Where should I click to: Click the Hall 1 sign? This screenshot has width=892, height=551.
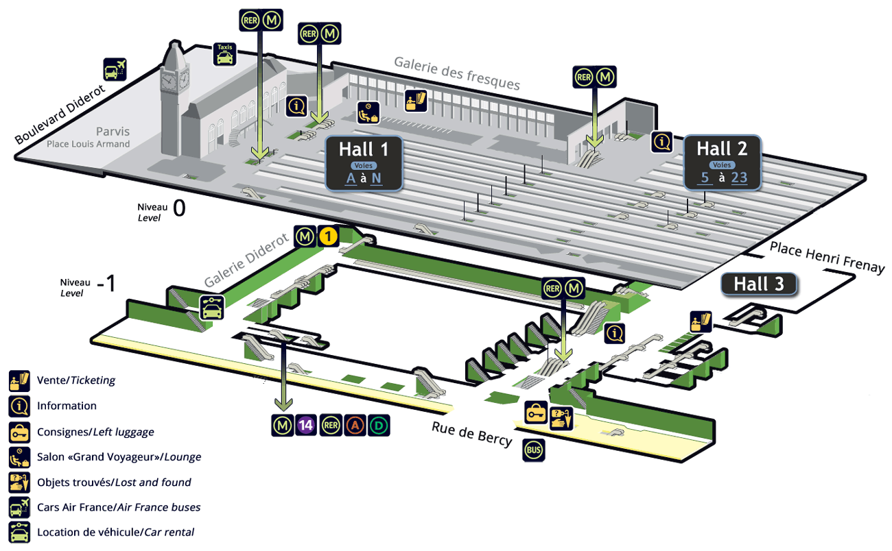coord(363,162)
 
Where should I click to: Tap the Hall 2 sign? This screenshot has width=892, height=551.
coord(721,162)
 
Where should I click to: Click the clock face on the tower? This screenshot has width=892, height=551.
coord(169,80)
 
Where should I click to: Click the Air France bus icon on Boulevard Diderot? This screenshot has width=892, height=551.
coord(115,69)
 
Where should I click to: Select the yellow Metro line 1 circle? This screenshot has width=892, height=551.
coord(328,237)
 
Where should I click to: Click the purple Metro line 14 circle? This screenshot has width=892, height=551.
coord(306,426)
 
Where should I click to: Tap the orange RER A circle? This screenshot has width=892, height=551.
coord(355,426)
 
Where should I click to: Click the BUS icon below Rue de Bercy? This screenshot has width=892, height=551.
coord(534,450)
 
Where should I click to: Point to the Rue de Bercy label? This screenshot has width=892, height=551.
coord(471,433)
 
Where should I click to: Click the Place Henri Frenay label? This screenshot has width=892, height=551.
coord(827,257)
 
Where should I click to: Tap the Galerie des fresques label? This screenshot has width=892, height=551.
coord(456,73)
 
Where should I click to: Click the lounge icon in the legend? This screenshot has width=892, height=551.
coord(19,457)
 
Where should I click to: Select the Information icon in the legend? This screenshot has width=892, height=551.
coord(19,406)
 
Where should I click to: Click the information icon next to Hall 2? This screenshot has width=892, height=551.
coord(661,141)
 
